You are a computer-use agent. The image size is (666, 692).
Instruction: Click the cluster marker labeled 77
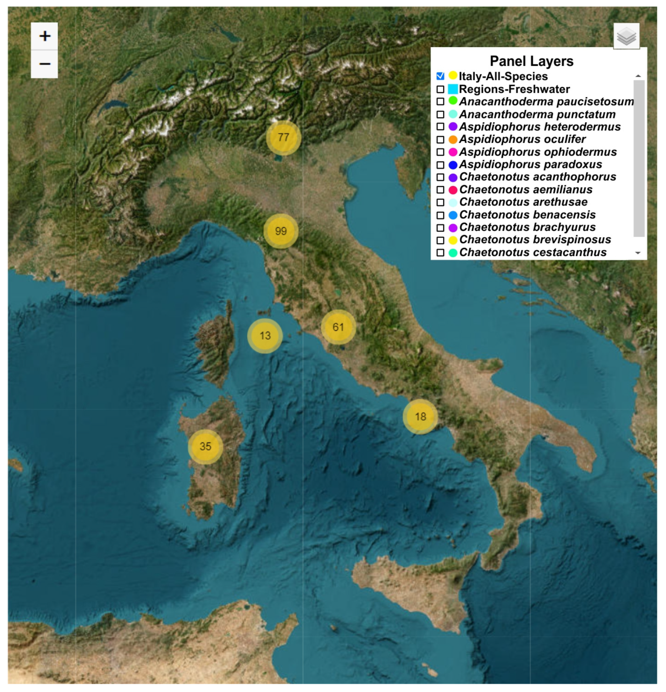283,137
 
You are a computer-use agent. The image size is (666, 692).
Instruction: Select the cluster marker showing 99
281,231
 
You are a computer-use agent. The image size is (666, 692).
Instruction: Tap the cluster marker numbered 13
265,336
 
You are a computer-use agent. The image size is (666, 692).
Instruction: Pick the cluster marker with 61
338,327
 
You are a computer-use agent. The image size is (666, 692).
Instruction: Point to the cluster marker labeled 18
420,416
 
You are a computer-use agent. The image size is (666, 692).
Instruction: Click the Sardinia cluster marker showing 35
205,446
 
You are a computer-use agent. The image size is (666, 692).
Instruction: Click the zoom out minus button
45,64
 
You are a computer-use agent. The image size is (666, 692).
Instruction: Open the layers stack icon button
626,36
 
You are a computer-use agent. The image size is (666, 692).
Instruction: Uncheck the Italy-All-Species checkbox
440,76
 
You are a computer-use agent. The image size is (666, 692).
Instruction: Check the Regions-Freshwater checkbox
440,89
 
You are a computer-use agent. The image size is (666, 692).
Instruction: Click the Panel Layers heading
531,61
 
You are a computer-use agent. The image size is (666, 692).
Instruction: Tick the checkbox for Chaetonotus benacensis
440,215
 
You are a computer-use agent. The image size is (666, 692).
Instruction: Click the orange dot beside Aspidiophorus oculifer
453,139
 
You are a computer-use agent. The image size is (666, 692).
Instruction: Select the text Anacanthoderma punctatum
537,114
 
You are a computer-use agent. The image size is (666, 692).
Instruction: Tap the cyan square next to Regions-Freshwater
453,89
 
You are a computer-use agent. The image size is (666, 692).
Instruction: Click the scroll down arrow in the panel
638,253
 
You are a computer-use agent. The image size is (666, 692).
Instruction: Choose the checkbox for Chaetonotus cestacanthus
440,252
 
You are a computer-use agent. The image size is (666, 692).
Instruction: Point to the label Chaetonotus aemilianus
526,190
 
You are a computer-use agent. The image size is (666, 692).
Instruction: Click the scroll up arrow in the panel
638,76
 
